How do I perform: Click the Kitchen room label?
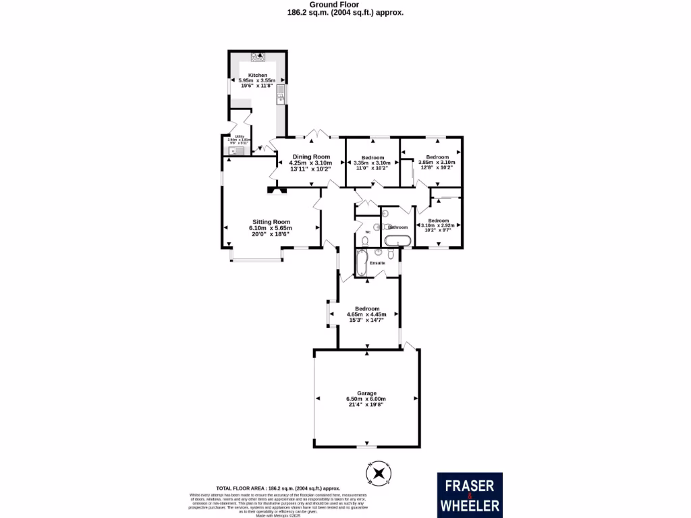258,75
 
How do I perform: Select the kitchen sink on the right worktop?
280,100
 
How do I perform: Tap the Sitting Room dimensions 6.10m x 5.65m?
271,228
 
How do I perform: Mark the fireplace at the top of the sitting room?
276,190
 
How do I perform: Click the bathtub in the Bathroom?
397,241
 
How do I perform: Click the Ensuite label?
378,262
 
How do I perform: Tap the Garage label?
366,393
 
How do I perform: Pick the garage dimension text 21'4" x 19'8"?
366,405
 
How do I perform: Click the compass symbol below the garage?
378,473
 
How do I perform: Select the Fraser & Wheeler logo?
469,494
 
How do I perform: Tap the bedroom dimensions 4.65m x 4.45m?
366,314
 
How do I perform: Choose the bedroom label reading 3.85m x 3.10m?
437,162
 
